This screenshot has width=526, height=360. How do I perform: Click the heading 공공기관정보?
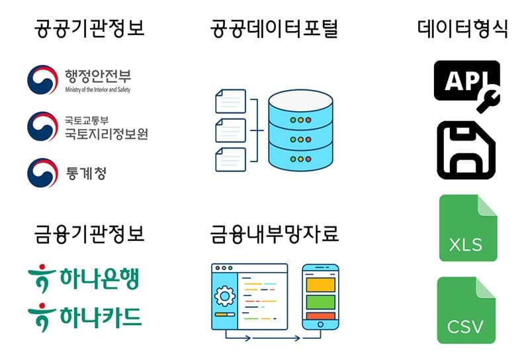pyautogui.click(x=89, y=28)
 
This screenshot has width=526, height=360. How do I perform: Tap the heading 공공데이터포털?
pyautogui.click(x=274, y=28)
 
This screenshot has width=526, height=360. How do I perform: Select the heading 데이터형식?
pyautogui.click(x=462, y=28)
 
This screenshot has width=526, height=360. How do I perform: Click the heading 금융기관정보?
pyautogui.click(x=89, y=234)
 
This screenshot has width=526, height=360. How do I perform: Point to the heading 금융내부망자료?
pyautogui.click(x=274, y=234)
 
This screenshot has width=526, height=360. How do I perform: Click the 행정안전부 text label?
pyautogui.click(x=98, y=76)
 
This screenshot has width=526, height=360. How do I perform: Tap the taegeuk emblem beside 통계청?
pyautogui.click(x=42, y=173)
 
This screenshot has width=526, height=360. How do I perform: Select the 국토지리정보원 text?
pyautogui.click(x=106, y=134)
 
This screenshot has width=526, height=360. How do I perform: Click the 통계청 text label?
pyautogui.click(x=86, y=173)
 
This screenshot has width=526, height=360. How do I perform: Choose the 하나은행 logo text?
pyautogui.click(x=99, y=279)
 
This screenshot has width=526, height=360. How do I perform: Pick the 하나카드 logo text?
pyautogui.click(x=101, y=318)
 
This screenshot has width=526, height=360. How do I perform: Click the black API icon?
pyautogui.click(x=466, y=81)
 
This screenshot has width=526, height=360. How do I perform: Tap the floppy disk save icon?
pyautogui.click(x=466, y=150)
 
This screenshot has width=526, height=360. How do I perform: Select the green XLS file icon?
pyautogui.click(x=468, y=228)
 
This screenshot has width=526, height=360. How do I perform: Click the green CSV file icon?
pyautogui.click(x=466, y=310)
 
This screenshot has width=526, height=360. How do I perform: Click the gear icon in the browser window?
pyautogui.click(x=224, y=296)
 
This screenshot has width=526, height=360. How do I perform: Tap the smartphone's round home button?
pyautogui.click(x=320, y=324)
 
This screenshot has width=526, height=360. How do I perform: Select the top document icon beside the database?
pyautogui.click(x=230, y=101)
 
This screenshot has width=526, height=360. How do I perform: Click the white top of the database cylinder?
pyautogui.click(x=301, y=100)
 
